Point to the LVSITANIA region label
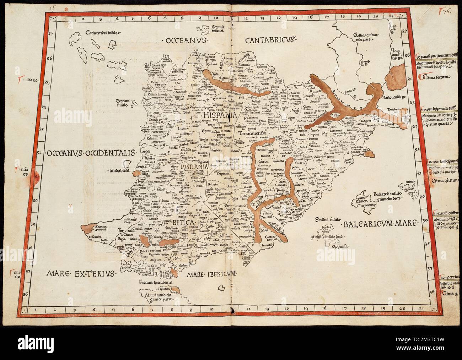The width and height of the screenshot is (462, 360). click(x=194, y=166)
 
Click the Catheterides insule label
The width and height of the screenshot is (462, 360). click(x=103, y=33)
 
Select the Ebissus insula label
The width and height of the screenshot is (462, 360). click(x=328, y=219)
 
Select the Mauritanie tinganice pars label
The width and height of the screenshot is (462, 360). click(x=156, y=297)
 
